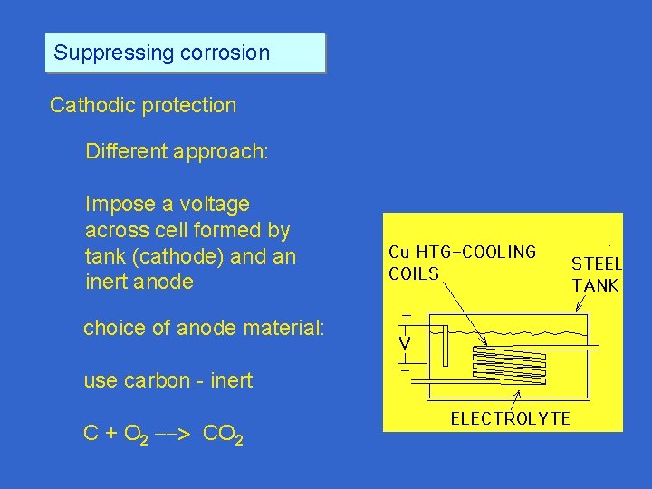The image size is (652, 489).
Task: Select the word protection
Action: click(x=189, y=105)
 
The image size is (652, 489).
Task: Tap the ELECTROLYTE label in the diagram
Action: click(x=511, y=418)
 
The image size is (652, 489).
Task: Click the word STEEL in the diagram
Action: click(x=596, y=264)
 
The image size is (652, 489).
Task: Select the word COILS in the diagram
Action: click(x=414, y=273)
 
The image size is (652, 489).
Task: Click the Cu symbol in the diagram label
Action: click(x=399, y=253)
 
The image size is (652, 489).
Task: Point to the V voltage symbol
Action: click(x=406, y=344)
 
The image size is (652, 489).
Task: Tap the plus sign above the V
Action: click(x=406, y=316)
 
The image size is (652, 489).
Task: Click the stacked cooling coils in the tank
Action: click(x=511, y=365)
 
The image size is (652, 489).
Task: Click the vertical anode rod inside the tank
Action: click(x=445, y=348)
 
